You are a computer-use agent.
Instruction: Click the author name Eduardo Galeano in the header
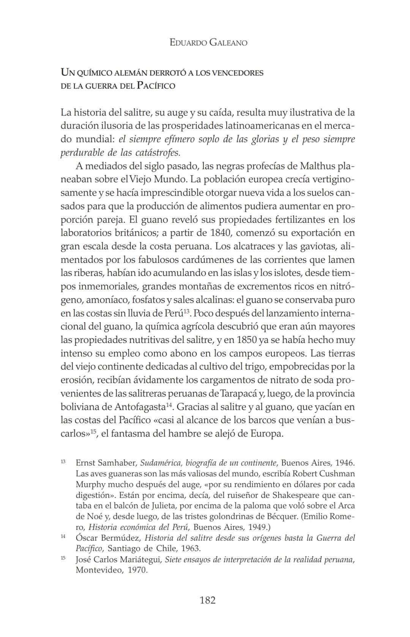(208, 43)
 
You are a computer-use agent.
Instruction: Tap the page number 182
(207, 600)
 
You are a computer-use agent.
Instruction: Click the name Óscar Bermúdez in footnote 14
(108, 538)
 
